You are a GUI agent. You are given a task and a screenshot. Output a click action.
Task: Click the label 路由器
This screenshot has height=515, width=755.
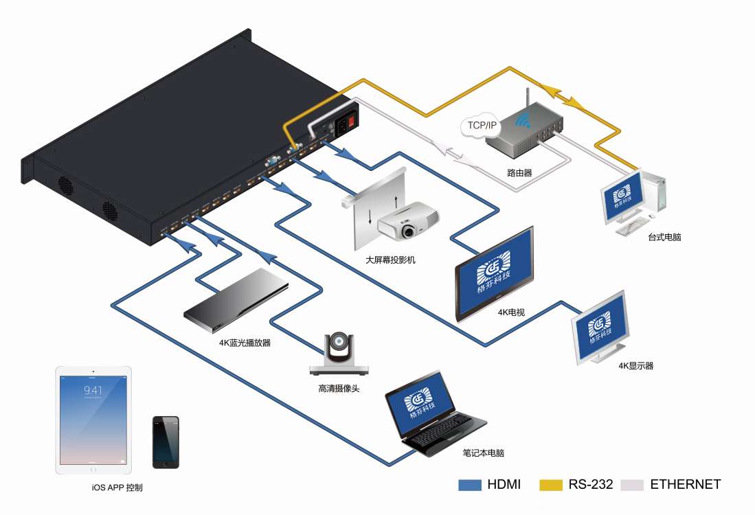520,173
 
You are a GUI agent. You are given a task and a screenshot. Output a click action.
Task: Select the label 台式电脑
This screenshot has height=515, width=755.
664,238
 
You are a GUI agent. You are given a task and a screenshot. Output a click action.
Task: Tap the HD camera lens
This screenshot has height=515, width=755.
339,341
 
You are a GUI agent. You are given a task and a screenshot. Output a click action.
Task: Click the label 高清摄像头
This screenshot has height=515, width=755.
339,389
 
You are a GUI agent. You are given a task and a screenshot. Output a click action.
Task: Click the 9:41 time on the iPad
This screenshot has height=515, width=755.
93,390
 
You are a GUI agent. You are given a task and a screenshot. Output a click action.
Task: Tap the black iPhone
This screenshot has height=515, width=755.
166,442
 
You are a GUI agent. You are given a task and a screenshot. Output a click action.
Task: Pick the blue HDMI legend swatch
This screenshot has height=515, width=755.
470,485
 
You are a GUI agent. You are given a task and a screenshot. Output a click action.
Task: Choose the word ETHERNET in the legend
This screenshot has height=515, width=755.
685,485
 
